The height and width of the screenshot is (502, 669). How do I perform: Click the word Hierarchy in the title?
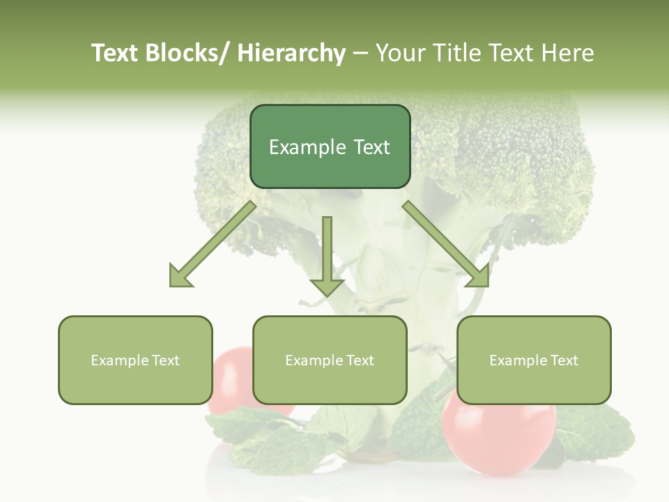(291, 53)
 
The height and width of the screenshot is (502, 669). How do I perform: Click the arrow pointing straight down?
(327, 258)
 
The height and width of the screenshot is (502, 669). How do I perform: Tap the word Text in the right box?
(563, 360)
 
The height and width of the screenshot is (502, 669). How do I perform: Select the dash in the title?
(360, 54)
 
